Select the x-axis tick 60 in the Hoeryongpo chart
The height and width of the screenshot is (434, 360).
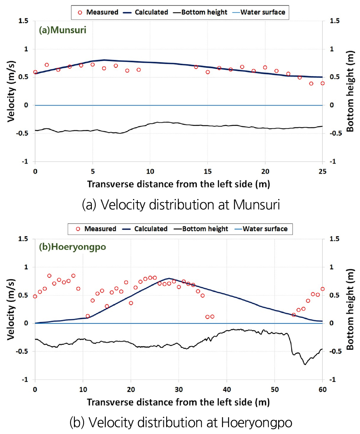click(322, 389)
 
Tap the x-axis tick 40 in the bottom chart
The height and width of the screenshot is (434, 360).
click(227, 389)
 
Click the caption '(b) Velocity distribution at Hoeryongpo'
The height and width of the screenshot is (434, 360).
click(181, 422)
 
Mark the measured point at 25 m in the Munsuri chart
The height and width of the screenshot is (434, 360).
click(322, 83)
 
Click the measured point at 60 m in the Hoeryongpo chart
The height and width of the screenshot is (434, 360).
click(322, 289)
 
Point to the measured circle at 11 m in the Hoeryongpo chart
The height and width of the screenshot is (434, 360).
click(88, 316)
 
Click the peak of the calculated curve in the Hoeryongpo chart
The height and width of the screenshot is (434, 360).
click(169, 279)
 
